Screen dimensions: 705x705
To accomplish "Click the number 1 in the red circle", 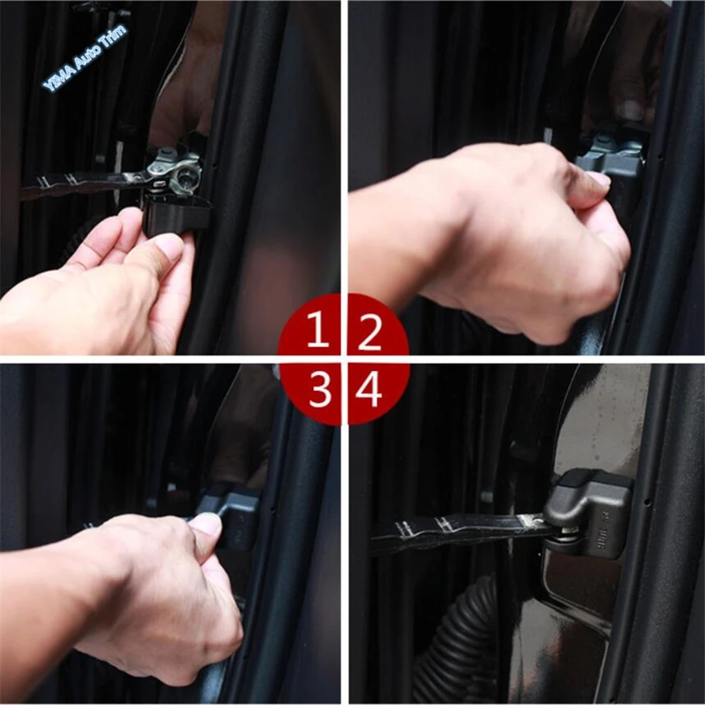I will tap(317, 332).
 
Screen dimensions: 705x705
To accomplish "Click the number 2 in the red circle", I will tap(370, 332).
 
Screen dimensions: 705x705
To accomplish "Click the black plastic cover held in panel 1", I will tap(176, 211).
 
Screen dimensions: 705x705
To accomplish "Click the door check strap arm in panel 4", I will tap(457, 530).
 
